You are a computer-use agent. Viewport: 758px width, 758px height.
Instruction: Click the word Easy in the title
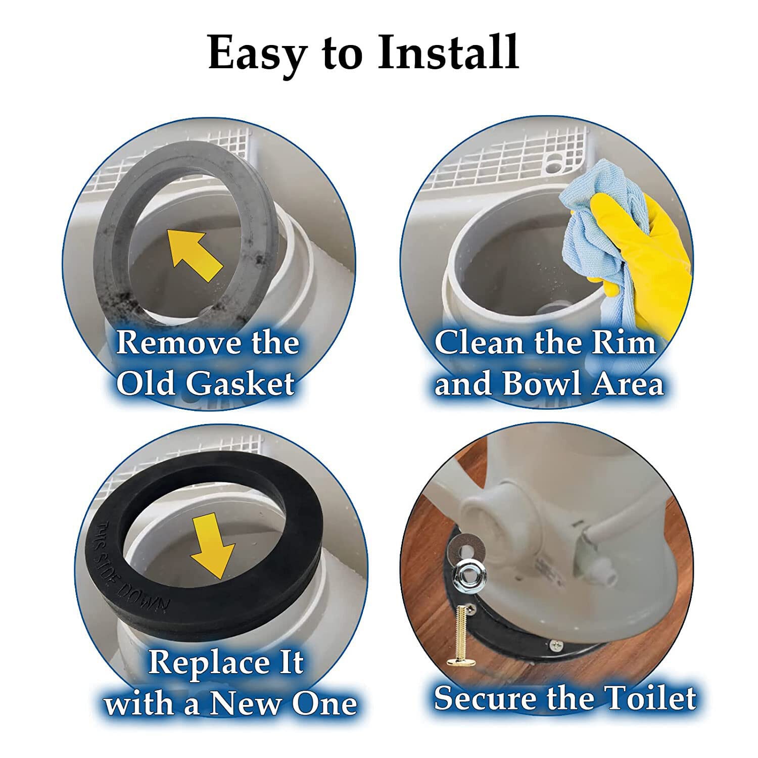click(x=257, y=53)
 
